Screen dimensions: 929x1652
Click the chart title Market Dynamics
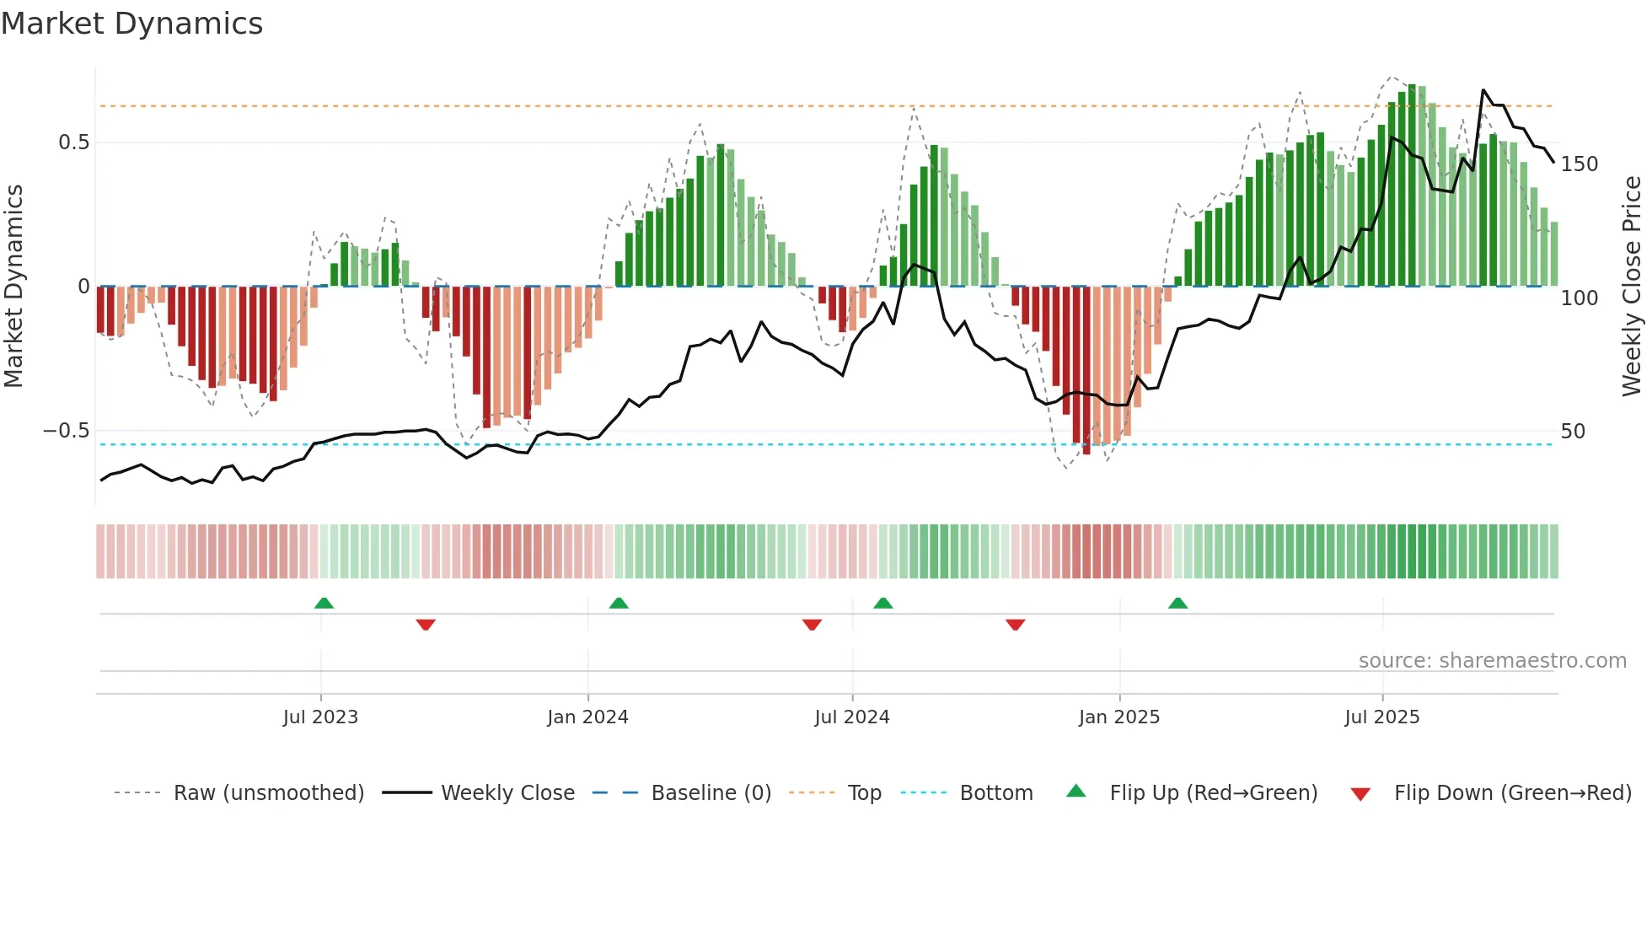click(x=131, y=24)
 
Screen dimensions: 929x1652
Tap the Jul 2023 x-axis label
click(x=320, y=717)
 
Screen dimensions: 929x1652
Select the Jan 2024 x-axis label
click(x=587, y=717)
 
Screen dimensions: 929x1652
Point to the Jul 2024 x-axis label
click(x=852, y=717)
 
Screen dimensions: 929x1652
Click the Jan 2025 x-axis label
click(x=1119, y=717)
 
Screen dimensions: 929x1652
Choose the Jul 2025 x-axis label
click(x=1382, y=717)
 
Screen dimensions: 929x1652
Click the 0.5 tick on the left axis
click(x=74, y=142)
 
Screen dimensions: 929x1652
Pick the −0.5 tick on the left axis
click(x=67, y=431)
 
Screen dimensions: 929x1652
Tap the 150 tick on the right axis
click(x=1579, y=164)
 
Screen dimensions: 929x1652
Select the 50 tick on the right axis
click(x=1573, y=432)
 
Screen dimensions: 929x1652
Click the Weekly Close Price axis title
click(x=1632, y=287)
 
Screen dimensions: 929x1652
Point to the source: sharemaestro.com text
click(x=1492, y=661)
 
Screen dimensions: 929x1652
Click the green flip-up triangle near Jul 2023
click(x=324, y=604)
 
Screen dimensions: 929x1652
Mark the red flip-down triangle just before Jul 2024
click(x=812, y=625)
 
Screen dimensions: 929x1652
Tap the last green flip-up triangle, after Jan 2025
click(x=1177, y=604)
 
